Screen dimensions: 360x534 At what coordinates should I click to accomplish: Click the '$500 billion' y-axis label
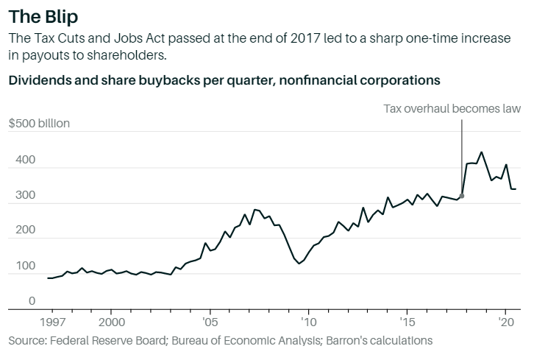pos(39,123)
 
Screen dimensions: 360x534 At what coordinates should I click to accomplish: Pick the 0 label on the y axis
pos(12,301)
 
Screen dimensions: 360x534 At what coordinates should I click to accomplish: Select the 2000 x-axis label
pos(111,322)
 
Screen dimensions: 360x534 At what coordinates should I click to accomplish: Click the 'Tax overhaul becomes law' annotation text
pos(452,109)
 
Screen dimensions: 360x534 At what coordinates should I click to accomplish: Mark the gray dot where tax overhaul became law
pos(462,196)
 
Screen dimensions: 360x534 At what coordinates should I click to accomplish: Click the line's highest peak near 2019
pos(481,152)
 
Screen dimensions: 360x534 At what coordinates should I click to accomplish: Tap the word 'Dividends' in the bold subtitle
pos(37,79)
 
